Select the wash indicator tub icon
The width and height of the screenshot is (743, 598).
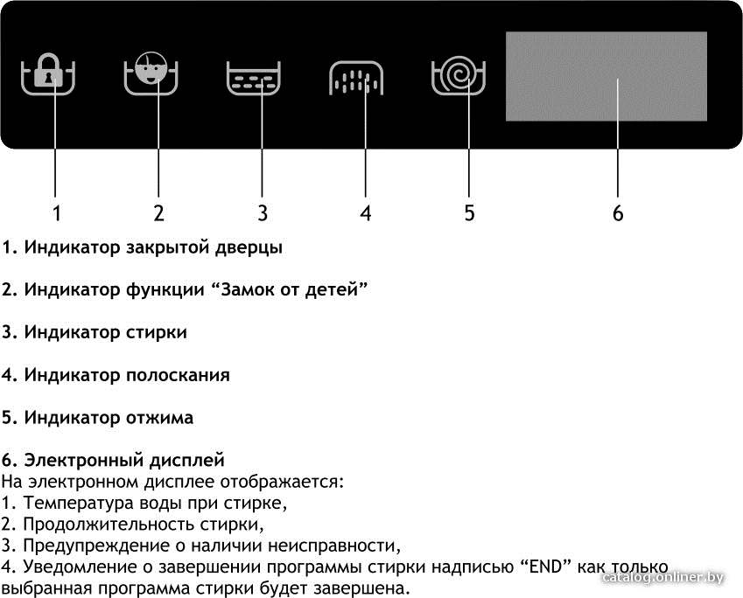tap(254, 78)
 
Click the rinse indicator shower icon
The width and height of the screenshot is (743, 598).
tap(356, 78)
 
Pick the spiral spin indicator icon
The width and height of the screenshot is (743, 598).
tap(459, 75)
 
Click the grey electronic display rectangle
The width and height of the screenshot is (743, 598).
tap(606, 76)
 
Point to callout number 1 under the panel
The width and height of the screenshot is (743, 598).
tap(57, 213)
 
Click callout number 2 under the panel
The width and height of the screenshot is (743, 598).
tap(158, 213)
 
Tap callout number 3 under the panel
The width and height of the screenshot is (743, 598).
tap(263, 213)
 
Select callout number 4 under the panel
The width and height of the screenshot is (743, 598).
tap(365, 213)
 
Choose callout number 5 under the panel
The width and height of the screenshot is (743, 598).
tap(469, 213)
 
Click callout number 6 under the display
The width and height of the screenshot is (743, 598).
tap(618, 213)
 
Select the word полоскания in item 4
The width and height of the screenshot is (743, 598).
tap(178, 375)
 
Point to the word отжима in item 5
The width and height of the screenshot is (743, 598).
tap(159, 418)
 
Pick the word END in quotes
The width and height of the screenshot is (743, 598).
tap(547, 567)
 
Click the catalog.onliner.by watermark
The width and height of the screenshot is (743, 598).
tap(662, 578)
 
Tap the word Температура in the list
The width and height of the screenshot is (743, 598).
tap(79, 504)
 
